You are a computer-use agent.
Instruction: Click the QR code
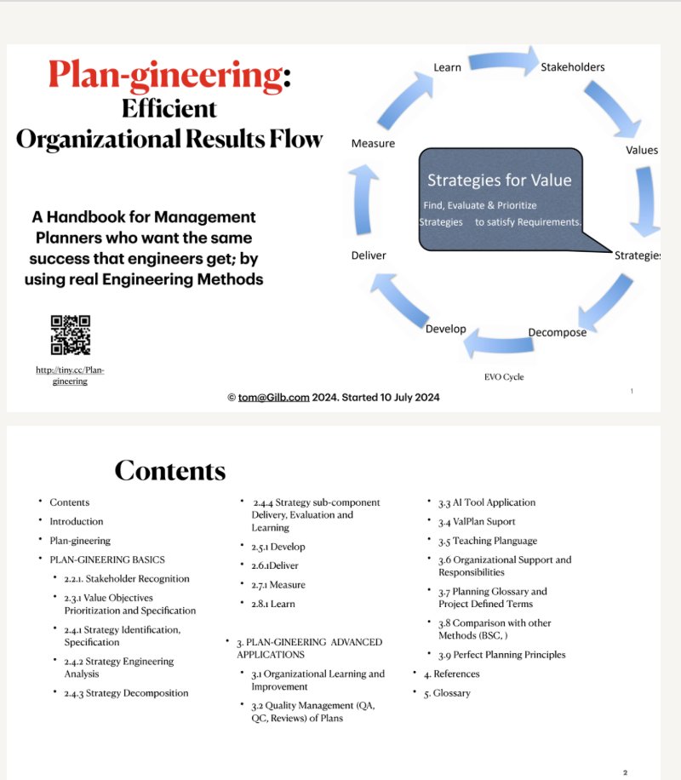(x=71, y=335)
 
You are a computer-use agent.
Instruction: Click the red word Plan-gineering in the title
(x=165, y=76)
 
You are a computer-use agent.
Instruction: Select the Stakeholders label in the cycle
(x=573, y=66)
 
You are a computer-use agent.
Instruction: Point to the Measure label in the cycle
(x=373, y=143)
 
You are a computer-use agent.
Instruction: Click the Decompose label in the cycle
(x=557, y=332)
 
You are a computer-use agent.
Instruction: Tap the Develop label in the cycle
(x=445, y=329)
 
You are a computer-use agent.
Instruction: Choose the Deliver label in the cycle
(x=369, y=255)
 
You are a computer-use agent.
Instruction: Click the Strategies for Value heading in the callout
(x=499, y=180)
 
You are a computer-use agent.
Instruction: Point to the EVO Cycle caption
(x=503, y=376)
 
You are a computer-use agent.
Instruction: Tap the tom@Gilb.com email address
(x=276, y=397)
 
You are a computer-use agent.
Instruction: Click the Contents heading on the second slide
(x=169, y=470)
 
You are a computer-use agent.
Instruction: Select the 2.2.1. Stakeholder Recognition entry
(x=127, y=579)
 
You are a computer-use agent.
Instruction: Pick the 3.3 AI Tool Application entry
(x=487, y=502)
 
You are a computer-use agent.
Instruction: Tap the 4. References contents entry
(x=456, y=674)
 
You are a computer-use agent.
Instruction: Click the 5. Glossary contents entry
(x=452, y=693)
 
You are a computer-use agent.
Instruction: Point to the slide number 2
(x=625, y=772)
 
